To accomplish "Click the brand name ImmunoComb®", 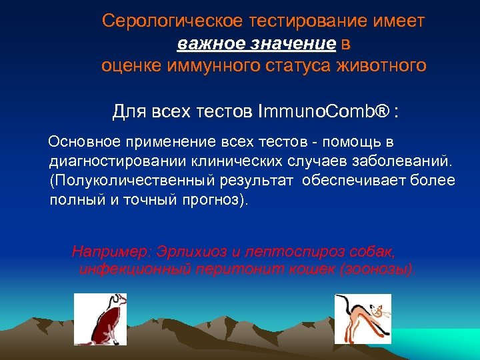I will [323, 112].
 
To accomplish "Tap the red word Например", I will [111, 253].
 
